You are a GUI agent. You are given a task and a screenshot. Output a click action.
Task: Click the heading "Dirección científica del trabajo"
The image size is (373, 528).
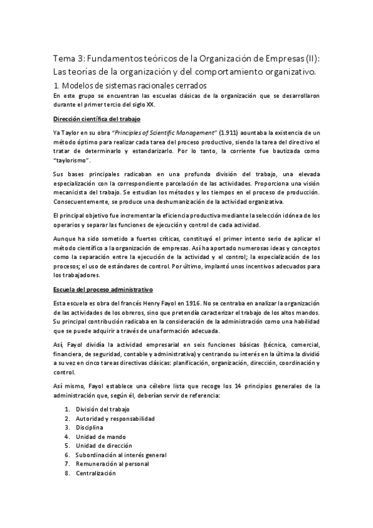[97, 118]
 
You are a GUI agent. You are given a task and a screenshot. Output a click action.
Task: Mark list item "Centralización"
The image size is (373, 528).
[95, 474]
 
